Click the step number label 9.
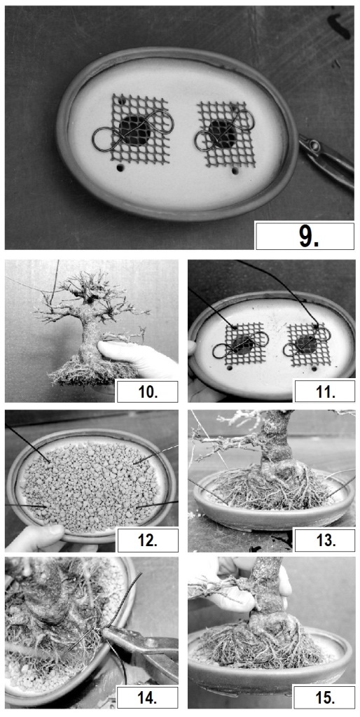click(305, 236)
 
